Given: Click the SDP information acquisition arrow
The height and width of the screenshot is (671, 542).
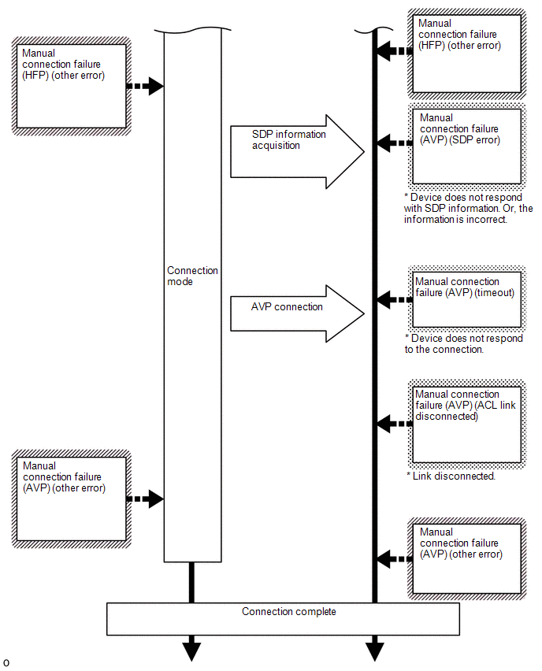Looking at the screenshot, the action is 297,151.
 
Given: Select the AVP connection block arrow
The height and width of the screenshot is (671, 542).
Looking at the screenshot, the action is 297,313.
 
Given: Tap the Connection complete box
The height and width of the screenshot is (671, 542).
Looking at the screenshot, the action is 283,619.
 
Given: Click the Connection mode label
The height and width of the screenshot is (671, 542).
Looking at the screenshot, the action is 192,276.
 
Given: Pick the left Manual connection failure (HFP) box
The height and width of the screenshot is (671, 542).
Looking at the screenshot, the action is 71,86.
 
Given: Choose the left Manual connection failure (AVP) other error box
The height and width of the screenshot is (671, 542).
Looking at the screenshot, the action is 71,499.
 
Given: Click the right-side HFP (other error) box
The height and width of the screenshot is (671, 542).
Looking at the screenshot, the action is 466,54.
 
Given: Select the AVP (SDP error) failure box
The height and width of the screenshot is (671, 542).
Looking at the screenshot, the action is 466,146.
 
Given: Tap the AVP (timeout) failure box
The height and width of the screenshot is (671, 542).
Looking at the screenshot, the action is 466,299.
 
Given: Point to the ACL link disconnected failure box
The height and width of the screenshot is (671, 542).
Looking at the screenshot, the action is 466,424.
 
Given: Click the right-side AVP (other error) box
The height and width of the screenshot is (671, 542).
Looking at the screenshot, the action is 466,558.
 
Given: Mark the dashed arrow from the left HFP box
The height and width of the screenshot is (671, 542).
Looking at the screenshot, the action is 145,86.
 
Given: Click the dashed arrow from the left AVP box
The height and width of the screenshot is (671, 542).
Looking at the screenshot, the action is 145,499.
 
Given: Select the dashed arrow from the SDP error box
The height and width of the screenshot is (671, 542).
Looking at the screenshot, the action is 395,143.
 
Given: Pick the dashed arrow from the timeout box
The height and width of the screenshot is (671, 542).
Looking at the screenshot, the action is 395,299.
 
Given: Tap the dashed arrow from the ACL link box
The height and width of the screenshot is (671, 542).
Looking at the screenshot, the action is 395,424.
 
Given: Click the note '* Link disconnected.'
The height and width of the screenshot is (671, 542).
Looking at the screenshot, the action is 451,476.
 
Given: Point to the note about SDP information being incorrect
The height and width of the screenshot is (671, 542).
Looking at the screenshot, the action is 469,209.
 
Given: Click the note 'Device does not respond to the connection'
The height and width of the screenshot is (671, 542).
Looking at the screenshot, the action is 464,343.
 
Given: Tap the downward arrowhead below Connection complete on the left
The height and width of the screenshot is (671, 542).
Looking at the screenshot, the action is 191,652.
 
